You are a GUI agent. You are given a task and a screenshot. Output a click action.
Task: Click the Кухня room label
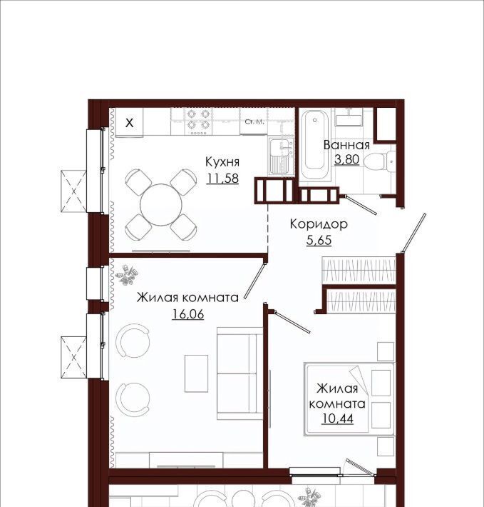point(222,161)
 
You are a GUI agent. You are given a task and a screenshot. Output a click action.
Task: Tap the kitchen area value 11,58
point(222,178)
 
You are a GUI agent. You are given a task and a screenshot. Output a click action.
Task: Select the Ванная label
point(346,145)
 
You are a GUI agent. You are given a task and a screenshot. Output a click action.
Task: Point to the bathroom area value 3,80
point(347,159)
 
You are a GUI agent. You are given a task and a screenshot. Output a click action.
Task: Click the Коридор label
point(319,224)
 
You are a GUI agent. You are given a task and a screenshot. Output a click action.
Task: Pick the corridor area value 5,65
point(319,240)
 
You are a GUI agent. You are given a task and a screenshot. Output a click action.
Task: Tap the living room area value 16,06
point(188,313)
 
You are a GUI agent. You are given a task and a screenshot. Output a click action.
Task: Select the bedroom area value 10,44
point(337,418)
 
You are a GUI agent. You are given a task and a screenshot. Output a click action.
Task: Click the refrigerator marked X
point(129,123)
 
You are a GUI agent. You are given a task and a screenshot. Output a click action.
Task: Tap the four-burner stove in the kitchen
point(198,121)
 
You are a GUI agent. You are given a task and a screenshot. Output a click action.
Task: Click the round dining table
point(161,205)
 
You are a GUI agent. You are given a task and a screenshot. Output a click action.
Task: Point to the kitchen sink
point(281,156)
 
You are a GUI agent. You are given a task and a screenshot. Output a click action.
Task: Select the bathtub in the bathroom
point(314,145)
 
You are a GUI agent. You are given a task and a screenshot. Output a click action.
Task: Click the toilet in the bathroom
point(381,161)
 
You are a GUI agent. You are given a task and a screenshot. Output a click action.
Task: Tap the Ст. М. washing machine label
point(254,122)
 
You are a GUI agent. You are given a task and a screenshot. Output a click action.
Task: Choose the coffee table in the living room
point(196,373)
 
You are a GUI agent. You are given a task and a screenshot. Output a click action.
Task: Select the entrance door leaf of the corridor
point(413,233)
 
